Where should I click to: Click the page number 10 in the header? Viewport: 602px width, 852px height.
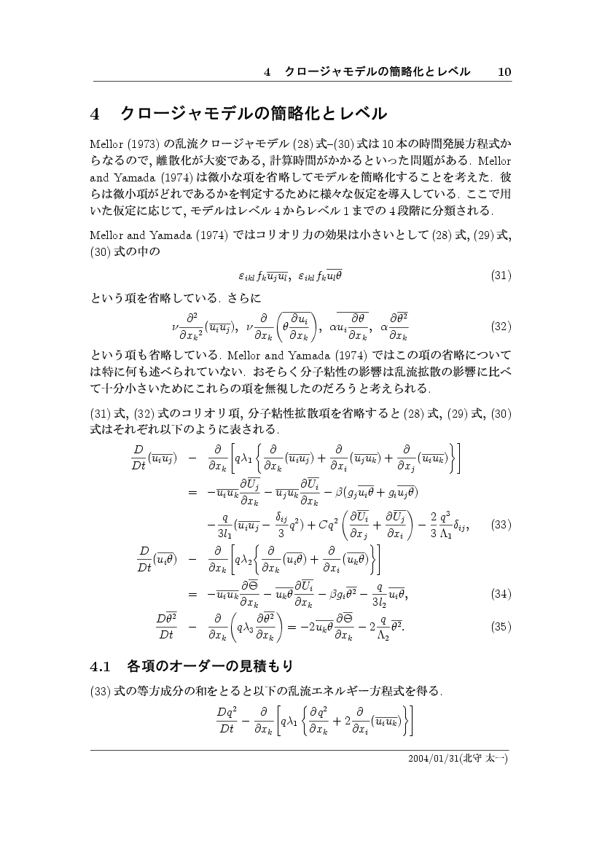point(504,71)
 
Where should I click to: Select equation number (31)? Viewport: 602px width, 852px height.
point(501,275)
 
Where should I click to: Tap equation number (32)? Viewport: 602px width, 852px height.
point(501,326)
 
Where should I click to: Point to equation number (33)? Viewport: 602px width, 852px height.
point(501,544)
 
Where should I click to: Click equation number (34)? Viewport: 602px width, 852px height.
point(501,593)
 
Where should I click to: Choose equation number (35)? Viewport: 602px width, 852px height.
point(501,625)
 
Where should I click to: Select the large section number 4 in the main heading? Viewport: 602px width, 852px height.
point(95,114)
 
